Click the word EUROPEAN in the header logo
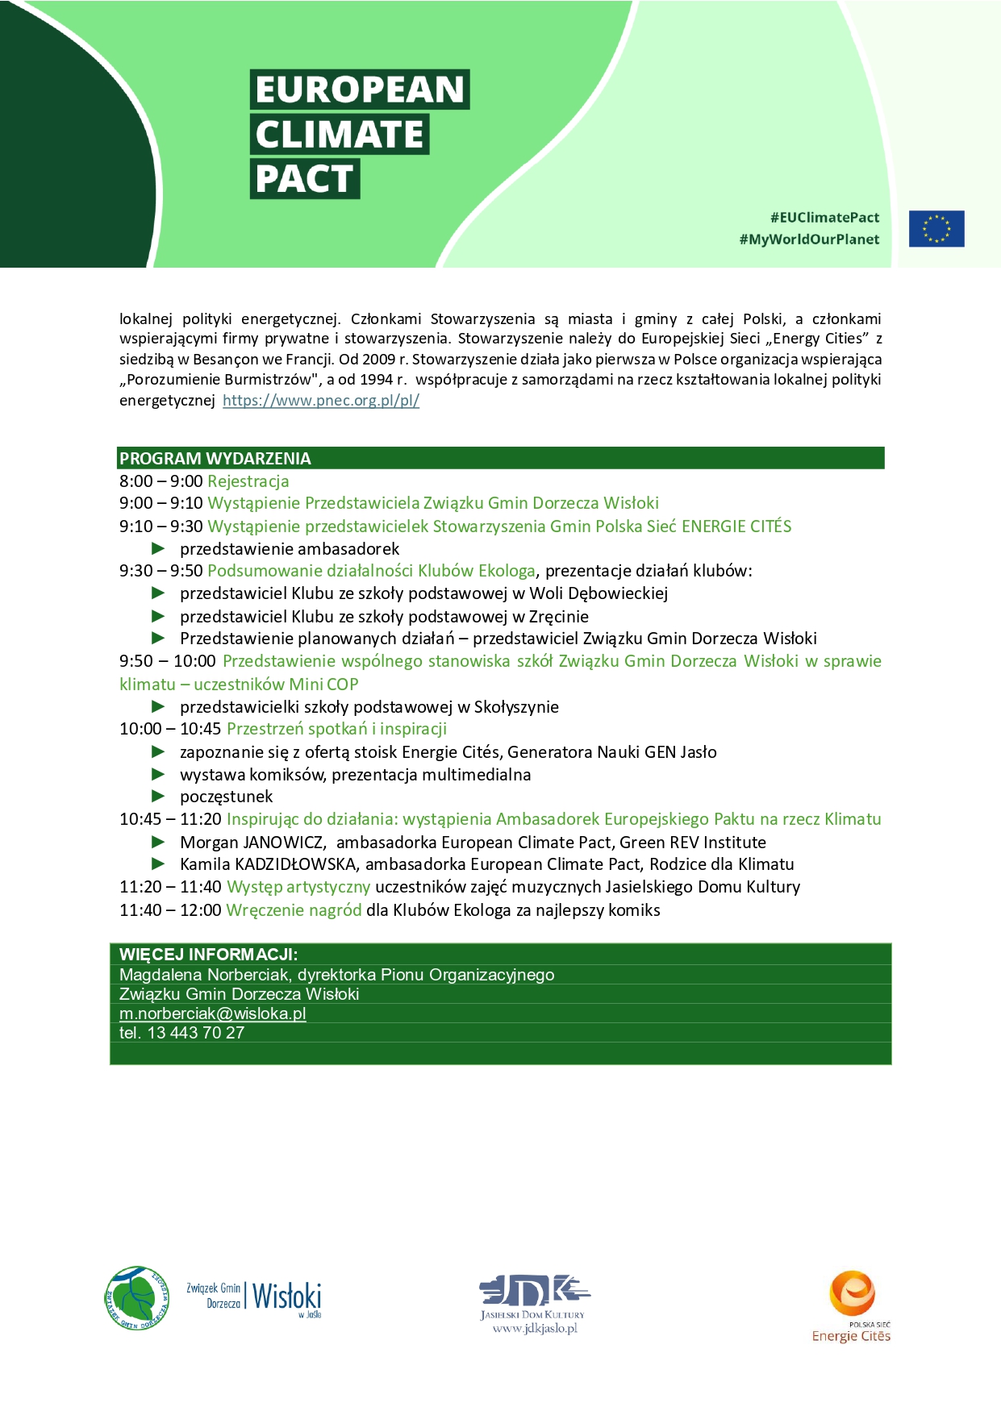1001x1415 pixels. (360, 89)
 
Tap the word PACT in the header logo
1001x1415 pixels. (304, 179)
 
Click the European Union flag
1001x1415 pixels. (936, 228)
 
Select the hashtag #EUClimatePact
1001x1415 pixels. (824, 218)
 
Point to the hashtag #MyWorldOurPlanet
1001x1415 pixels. (809, 239)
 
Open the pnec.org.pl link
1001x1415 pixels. (321, 400)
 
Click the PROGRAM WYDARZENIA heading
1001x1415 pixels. (215, 459)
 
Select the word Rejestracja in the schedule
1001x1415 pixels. (248, 481)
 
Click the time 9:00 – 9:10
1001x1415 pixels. (161, 503)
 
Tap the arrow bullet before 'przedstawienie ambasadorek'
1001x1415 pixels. (159, 549)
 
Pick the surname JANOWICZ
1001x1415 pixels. (284, 843)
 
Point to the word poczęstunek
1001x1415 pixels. (227, 797)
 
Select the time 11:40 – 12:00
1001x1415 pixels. (170, 910)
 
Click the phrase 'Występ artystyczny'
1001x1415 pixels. (298, 887)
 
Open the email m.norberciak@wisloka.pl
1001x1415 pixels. (213, 1013)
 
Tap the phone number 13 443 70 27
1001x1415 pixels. (196, 1033)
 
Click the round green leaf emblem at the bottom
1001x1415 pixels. (136, 1297)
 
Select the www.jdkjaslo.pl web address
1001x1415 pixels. (535, 1329)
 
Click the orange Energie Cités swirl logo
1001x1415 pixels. (852, 1293)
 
